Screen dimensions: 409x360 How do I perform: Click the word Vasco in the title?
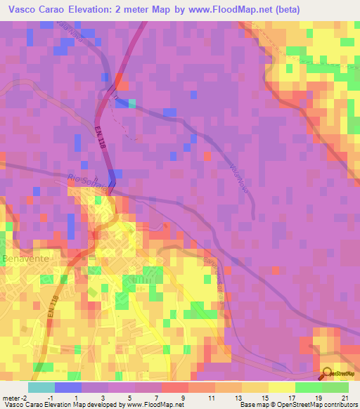23,10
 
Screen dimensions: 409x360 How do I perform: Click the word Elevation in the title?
105,10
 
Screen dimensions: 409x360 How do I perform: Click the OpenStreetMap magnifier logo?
326,374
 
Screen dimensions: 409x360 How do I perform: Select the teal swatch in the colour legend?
41,387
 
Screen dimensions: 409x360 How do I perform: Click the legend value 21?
345,398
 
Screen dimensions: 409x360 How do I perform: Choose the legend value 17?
291,398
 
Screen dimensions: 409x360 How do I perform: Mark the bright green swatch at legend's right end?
335,387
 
